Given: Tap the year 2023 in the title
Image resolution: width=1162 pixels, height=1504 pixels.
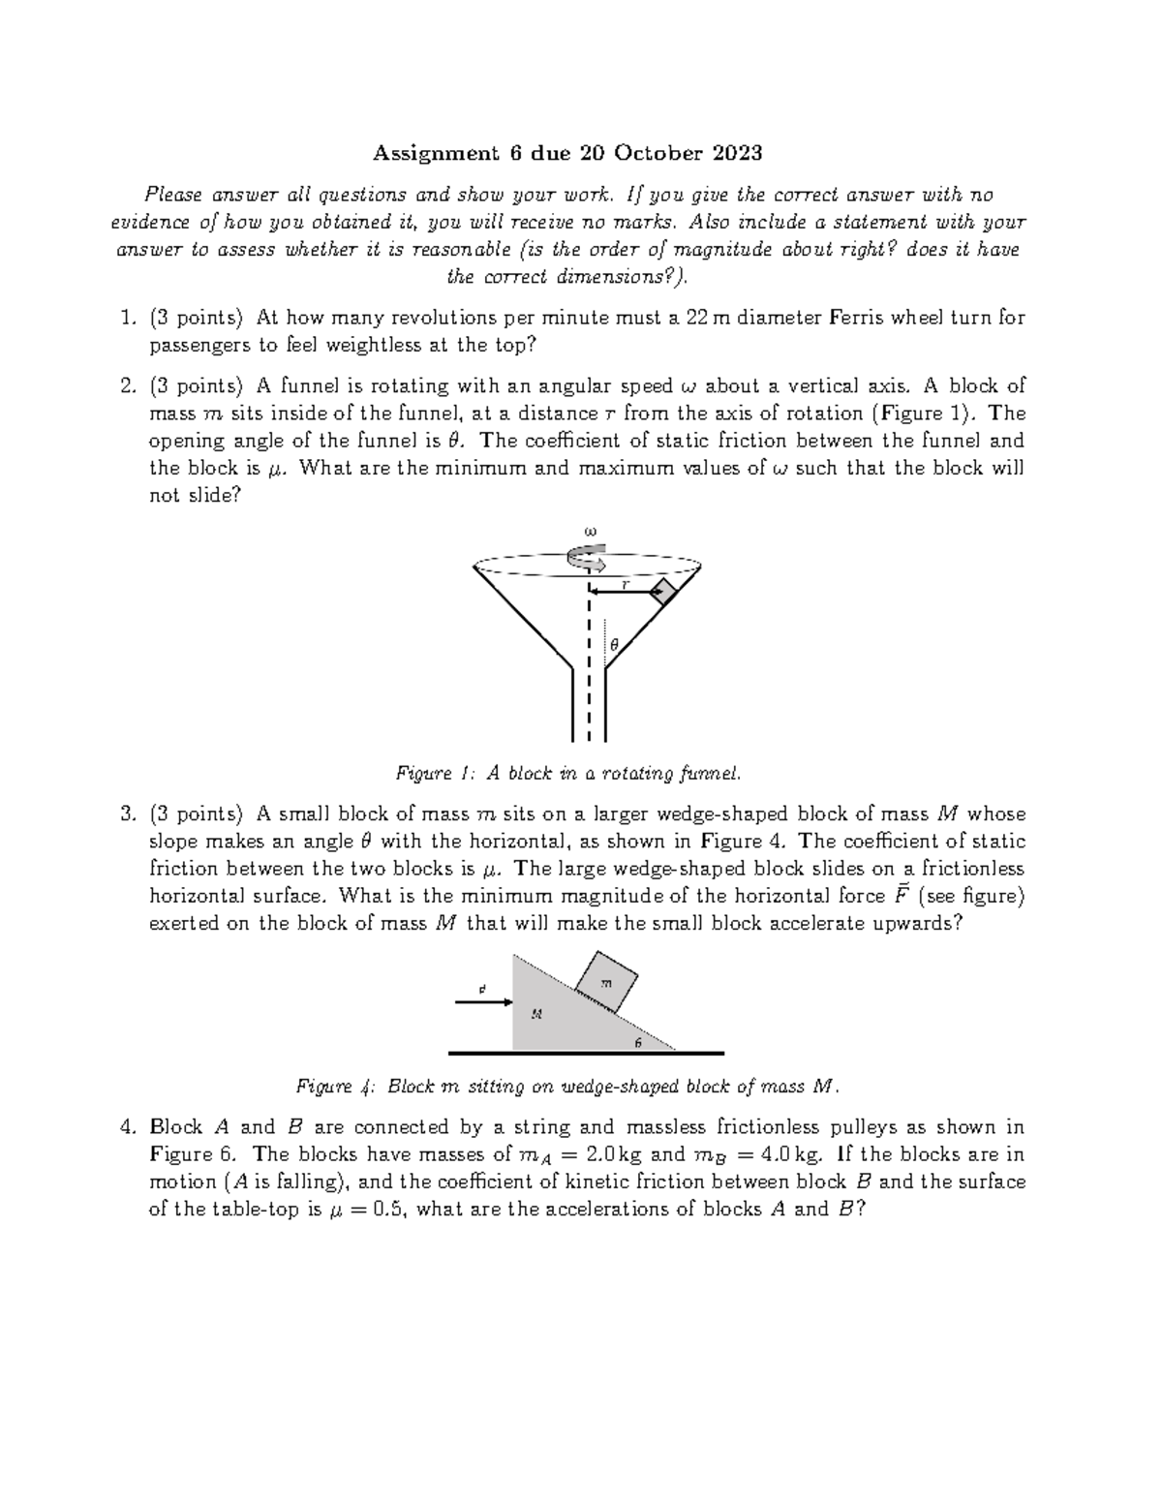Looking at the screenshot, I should [x=737, y=153].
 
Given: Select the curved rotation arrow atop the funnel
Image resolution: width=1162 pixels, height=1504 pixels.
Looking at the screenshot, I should [x=586, y=558].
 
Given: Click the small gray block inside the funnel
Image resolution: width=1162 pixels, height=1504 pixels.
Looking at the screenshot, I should [x=663, y=593].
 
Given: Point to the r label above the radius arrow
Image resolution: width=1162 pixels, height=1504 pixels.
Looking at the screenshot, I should [x=625, y=584].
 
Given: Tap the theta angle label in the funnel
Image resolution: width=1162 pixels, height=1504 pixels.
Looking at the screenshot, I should [x=614, y=644].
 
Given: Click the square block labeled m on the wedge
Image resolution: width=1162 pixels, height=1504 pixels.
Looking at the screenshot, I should [x=607, y=981].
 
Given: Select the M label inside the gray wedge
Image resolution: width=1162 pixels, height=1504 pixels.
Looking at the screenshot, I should [x=535, y=1014].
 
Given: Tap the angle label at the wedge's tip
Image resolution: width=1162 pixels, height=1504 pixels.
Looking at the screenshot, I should [x=637, y=1042].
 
